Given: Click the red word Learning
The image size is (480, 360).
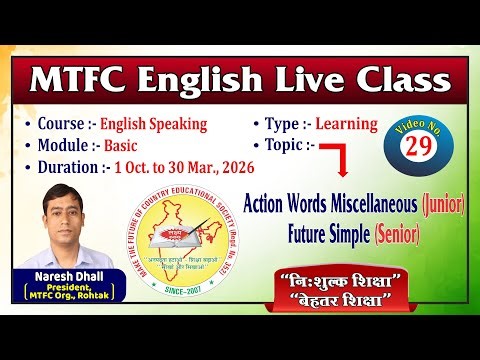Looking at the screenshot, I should pyautogui.click(x=343, y=124).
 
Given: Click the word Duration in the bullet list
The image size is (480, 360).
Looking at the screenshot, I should pyautogui.click(x=68, y=167).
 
